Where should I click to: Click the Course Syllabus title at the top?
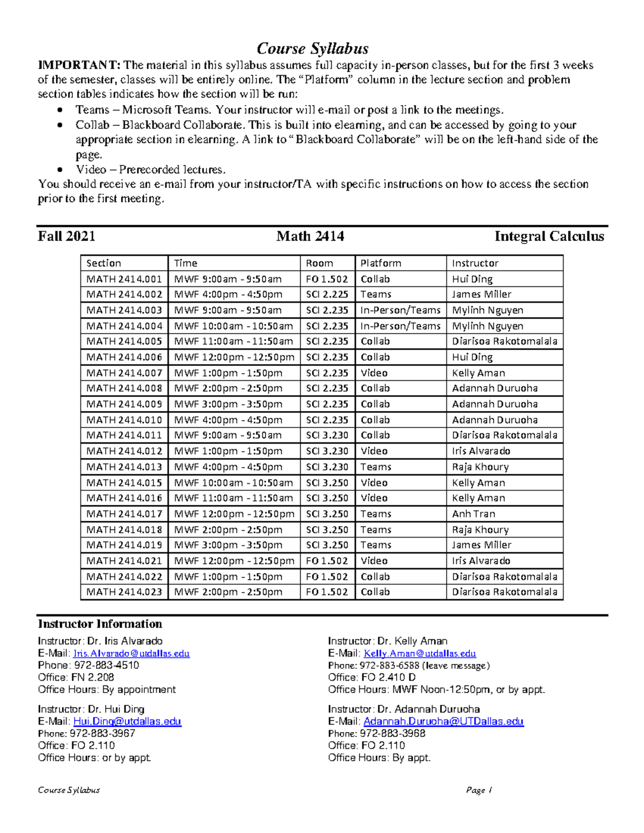[x=312, y=49]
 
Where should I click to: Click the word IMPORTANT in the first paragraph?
[x=79, y=65]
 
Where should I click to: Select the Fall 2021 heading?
[x=67, y=237]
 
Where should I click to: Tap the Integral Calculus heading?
[x=549, y=237]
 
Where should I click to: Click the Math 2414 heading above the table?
[x=310, y=237]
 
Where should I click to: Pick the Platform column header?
[x=380, y=263]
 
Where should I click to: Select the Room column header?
[x=319, y=263]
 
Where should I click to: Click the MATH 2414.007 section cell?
[x=124, y=373]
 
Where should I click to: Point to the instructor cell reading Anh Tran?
[x=473, y=514]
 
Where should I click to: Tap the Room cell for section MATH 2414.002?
[x=327, y=294]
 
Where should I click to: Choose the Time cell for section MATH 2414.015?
[x=233, y=483]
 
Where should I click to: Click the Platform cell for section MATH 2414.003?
[x=400, y=310]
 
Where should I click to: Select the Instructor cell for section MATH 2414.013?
[x=480, y=467]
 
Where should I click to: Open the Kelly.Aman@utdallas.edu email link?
[x=420, y=653]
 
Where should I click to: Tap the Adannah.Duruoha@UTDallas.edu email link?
[x=443, y=721]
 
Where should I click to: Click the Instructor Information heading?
[x=100, y=624]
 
